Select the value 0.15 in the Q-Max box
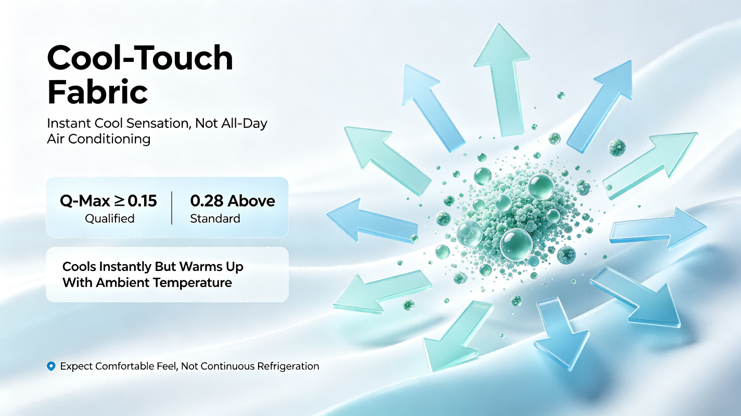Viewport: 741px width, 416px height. [x=142, y=201]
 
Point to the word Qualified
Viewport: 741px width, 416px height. [x=109, y=218]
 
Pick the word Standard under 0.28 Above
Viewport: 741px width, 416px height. [x=215, y=218]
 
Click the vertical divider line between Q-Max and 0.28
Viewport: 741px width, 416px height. [x=172, y=208]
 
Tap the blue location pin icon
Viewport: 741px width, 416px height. [x=51, y=366]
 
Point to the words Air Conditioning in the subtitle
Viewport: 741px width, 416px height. [x=98, y=139]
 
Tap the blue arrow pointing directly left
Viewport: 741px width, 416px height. [x=372, y=221]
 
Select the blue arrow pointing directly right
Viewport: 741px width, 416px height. [x=658, y=229]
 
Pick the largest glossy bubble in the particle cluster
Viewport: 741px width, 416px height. [x=516, y=245]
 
